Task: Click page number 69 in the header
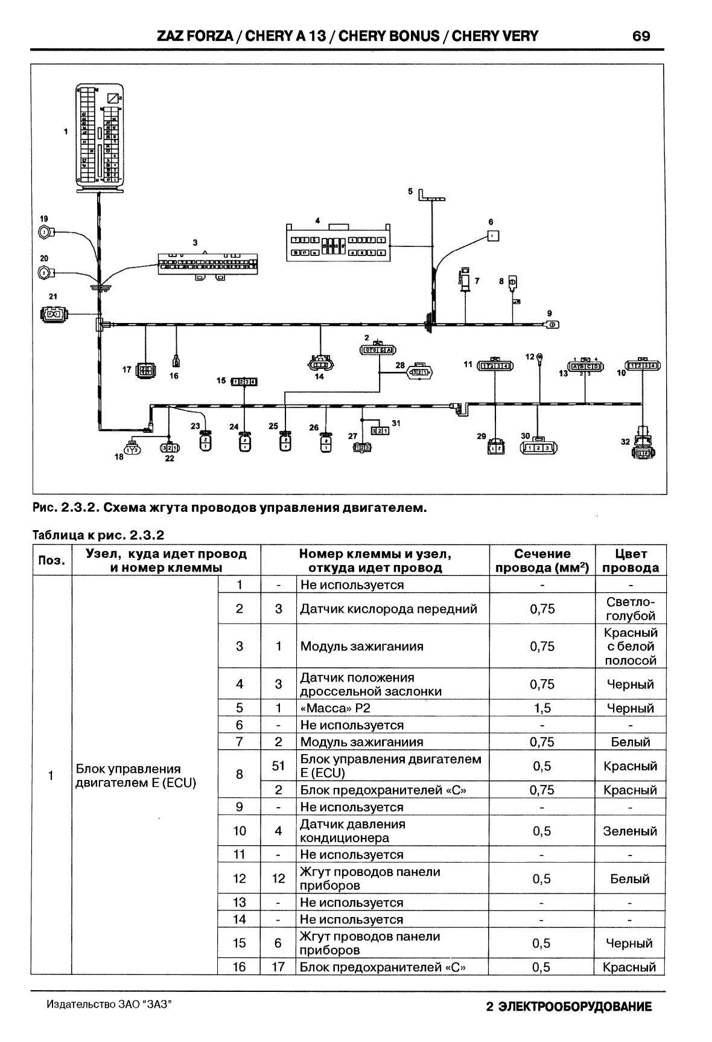tap(641, 36)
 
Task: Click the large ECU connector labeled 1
tap(100, 137)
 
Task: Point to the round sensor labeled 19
tap(45, 232)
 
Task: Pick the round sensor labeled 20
tap(45, 272)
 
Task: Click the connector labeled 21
tap(54, 313)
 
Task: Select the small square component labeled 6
tap(493, 236)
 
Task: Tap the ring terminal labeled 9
tap(551, 325)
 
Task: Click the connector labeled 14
tap(319, 363)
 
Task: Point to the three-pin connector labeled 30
tap(538, 447)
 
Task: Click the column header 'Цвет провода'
tap(631, 560)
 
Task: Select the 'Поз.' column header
tap(51, 560)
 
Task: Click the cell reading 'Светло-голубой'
tap(631, 609)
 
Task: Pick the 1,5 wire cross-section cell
tap(541, 708)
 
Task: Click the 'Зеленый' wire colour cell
tap(630, 831)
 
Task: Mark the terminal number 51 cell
tap(278, 766)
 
